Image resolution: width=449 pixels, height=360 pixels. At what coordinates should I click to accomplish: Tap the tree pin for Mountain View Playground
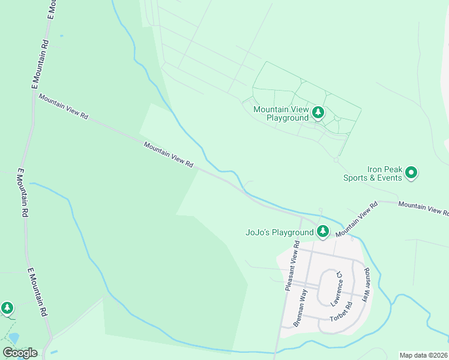coord(318,112)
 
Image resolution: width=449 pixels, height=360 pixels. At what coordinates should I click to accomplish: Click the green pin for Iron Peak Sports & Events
coord(411,173)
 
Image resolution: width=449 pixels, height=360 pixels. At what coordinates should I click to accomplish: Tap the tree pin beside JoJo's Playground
coord(323,231)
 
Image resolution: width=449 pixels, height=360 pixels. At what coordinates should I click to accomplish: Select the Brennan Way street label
coord(301,307)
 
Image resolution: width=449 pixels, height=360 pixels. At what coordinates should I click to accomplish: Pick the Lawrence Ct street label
coord(337,287)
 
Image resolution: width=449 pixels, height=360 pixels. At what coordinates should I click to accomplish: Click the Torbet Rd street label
coord(340,313)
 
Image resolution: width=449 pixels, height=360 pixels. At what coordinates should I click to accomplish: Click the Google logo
coord(19,353)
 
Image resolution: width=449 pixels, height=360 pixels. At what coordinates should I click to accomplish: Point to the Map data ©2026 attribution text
coord(424,355)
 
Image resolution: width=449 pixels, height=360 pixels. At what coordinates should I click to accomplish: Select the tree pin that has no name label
coord(7,308)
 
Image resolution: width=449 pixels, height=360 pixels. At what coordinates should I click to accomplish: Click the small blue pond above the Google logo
coord(13,339)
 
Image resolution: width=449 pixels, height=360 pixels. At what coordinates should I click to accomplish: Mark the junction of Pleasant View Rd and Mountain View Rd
coord(301,217)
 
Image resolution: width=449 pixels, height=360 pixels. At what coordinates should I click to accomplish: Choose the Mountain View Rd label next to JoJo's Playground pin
coord(356,219)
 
